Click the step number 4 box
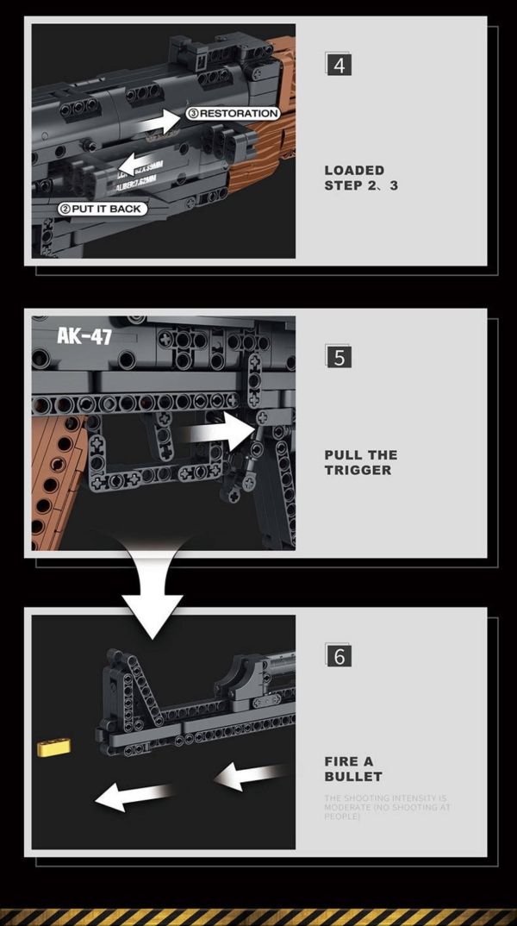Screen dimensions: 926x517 click(x=339, y=64)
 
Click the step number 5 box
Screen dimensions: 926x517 click(x=339, y=356)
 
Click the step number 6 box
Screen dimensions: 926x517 click(x=339, y=655)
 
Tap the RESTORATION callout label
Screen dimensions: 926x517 click(x=234, y=113)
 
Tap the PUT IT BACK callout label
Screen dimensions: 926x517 click(x=101, y=209)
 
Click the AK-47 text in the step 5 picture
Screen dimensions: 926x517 click(x=84, y=335)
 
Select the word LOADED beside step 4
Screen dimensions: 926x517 click(x=354, y=171)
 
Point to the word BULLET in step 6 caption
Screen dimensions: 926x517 click(x=353, y=776)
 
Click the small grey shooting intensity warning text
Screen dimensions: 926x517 click(x=386, y=807)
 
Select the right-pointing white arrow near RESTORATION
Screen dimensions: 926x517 click(x=159, y=122)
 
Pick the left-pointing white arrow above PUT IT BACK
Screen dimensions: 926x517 click(x=139, y=164)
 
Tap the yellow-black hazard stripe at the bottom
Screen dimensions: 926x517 click(x=258, y=916)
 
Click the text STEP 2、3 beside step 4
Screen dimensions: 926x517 click(x=361, y=185)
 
